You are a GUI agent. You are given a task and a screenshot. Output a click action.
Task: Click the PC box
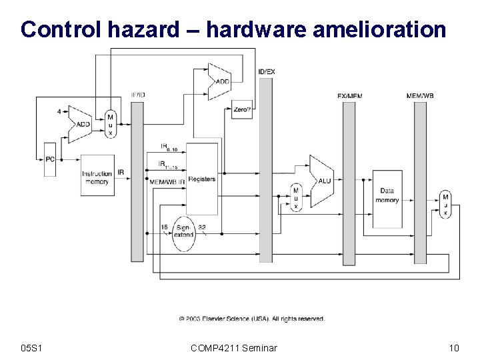50,159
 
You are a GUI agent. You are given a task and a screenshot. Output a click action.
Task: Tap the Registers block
202,179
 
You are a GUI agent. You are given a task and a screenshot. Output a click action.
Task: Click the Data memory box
387,195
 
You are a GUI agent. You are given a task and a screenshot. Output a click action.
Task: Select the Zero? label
242,113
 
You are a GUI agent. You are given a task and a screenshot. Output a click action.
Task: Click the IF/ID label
137,95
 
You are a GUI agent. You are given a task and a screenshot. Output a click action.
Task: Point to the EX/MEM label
349,96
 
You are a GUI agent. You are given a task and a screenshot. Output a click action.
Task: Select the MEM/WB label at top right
419,96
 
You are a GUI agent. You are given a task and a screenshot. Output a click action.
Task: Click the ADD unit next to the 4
83,123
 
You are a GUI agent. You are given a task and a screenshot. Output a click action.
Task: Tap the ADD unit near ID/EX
221,81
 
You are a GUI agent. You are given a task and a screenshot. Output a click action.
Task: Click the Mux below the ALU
295,198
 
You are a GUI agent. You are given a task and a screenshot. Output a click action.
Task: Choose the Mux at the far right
445,204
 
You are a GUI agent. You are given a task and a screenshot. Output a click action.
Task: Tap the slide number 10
454,347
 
